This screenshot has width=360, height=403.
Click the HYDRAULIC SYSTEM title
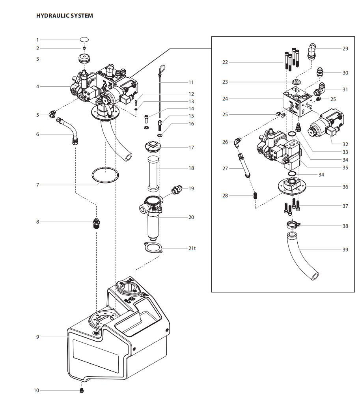pos(65,16)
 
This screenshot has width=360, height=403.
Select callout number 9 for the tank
pos(37,337)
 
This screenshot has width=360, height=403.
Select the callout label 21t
pos(192,248)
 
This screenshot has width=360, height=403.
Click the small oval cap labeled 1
pos(84,39)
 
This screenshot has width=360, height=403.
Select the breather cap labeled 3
pos(84,59)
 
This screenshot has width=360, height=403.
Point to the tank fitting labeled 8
pos(96,223)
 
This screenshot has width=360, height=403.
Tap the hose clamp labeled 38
pos(292,226)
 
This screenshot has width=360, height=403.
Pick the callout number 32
pos(345,144)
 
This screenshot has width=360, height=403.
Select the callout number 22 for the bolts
pos(225,62)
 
